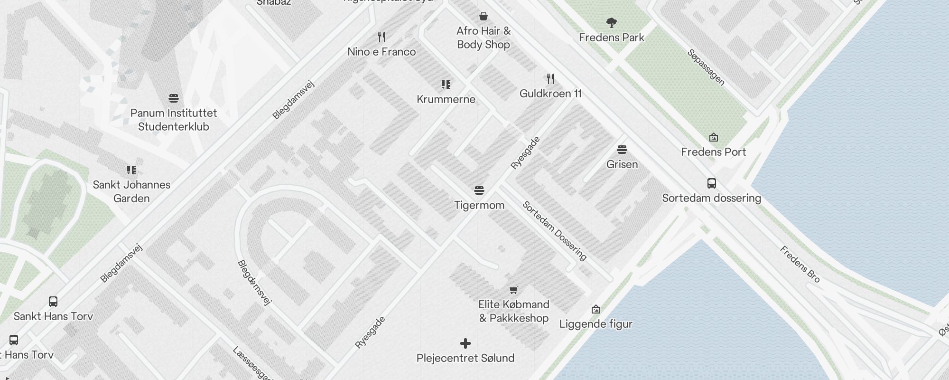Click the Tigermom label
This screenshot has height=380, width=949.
pos(479,205)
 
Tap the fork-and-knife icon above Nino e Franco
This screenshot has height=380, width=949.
pos(381,37)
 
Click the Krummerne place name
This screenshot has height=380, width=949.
pos(446,99)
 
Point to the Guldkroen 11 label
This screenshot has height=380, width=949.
pos(550,94)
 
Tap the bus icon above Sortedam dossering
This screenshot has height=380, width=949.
pos(711,183)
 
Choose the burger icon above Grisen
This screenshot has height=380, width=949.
pos(622,150)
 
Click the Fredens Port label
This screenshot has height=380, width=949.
pos(713,152)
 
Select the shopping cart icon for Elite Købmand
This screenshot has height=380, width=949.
pos(513,290)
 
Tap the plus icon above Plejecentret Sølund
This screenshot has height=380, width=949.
pos(465,343)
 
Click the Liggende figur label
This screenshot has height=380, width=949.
pos(595,324)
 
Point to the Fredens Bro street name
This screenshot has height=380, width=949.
pos(800,264)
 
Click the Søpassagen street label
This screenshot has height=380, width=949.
pos(706,67)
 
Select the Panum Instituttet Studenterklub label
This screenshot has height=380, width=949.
pos(174,120)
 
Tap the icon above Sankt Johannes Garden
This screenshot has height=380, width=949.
pos(131,170)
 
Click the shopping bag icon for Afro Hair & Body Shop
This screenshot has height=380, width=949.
pos(484,17)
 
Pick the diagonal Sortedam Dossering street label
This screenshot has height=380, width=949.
pos(555,231)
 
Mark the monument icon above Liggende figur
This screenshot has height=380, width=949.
pos(596,310)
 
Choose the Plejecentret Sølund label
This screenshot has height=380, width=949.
pos(465,358)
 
